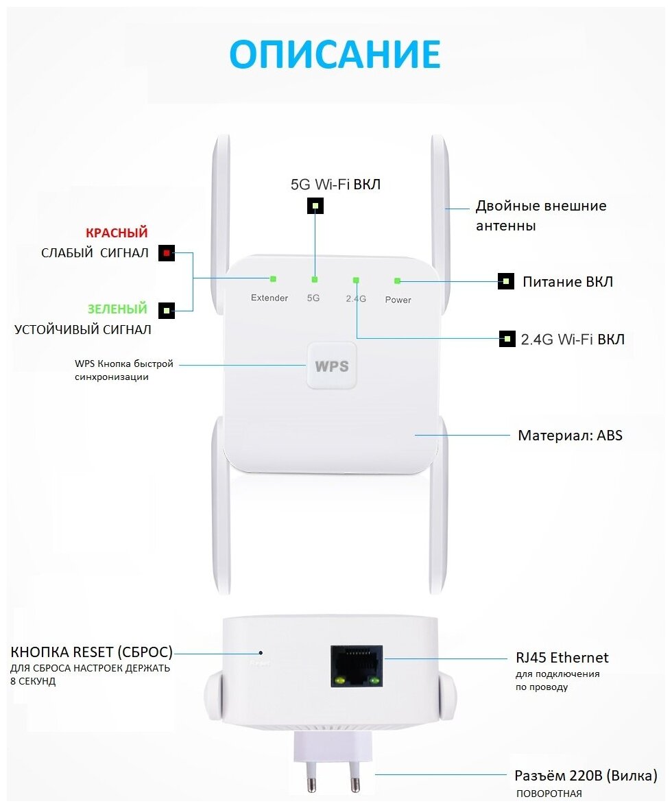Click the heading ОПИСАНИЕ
[335, 54]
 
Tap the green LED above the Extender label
[273, 278]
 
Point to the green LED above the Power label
[397, 281]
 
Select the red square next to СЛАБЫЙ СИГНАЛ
[166, 254]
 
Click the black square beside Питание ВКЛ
[506, 281]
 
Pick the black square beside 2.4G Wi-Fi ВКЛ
[507, 338]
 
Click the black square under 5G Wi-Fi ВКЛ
[315, 205]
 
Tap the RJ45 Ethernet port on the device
[356, 665]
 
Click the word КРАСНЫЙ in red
[117, 233]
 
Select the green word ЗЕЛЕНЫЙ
[117, 309]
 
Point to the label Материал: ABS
[570, 435]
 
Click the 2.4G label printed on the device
[355, 298]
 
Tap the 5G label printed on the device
[313, 298]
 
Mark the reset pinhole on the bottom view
[261, 652]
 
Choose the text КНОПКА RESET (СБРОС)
[91, 652]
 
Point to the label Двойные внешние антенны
[541, 215]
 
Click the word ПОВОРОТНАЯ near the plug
[549, 794]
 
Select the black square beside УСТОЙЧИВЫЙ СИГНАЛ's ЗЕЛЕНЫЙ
[166, 311]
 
